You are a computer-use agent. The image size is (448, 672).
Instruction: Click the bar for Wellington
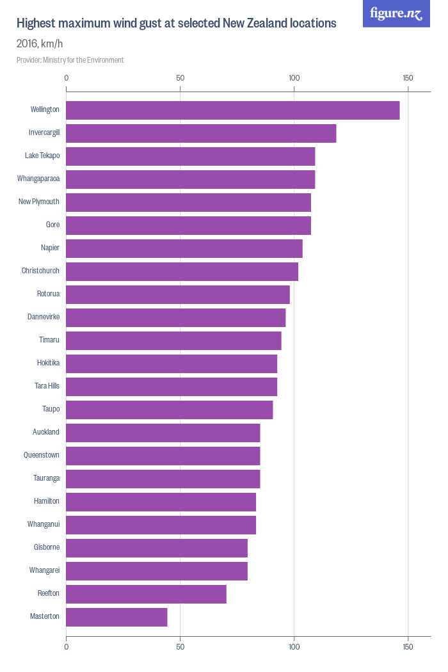point(232,110)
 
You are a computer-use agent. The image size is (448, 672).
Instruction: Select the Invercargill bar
point(201,133)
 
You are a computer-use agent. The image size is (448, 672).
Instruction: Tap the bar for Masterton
point(116,617)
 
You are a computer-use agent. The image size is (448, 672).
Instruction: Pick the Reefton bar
point(146,594)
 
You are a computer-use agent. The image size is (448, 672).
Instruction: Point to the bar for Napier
point(184,248)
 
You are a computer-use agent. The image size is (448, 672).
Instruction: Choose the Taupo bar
point(170,410)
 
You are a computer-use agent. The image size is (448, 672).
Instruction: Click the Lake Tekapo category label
point(42,156)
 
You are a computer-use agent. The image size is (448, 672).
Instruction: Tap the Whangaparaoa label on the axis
point(38,179)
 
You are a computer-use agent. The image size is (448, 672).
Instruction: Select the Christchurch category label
point(40,271)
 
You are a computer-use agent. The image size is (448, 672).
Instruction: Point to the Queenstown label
point(42,456)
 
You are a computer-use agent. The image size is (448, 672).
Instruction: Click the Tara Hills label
point(47,387)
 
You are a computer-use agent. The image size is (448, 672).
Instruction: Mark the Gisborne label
point(47,548)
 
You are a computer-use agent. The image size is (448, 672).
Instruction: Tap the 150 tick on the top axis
point(408,78)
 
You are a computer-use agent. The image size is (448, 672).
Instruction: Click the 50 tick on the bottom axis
point(180,647)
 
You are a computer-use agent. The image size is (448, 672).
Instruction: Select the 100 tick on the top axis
point(294,78)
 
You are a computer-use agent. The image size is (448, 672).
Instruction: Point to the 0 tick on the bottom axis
point(67,647)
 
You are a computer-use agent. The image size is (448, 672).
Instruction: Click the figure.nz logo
point(396,13)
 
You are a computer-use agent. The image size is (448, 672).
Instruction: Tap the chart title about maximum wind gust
point(176,24)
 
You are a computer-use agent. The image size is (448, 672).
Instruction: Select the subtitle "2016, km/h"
point(40,44)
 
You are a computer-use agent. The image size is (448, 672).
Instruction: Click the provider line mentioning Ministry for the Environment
point(70,60)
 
